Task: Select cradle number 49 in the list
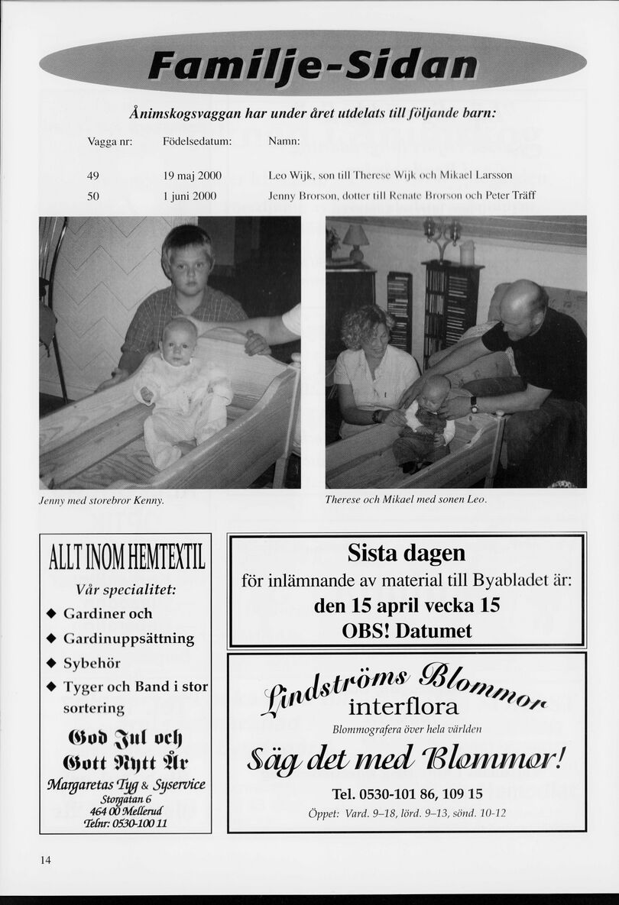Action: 93,176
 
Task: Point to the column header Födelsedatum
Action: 197,142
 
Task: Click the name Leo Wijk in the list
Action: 288,176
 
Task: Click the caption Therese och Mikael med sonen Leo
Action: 405,499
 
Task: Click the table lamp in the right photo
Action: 355,241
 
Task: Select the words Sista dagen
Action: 406,552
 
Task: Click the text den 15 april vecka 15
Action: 406,606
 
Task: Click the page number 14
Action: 45,860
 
